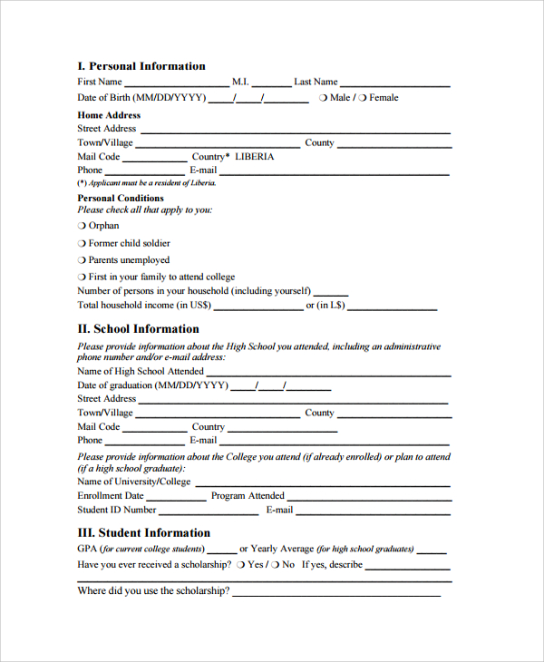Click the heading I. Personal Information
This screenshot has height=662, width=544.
click(141, 66)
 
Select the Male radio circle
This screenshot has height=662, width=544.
click(323, 98)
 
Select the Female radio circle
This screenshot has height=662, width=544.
click(363, 98)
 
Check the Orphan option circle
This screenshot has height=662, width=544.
click(82, 226)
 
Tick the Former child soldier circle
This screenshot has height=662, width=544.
click(82, 243)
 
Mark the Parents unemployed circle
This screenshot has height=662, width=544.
click(82, 260)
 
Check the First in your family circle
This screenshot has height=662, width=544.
click(82, 277)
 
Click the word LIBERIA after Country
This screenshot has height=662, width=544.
click(254, 157)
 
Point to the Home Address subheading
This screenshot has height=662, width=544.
click(109, 115)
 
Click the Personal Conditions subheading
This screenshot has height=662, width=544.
click(121, 198)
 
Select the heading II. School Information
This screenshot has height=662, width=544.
click(138, 329)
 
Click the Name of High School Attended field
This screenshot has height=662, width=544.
click(328, 373)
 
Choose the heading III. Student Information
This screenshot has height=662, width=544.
click(143, 533)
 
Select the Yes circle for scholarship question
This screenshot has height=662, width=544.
click(242, 565)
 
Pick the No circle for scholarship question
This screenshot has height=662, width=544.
click(276, 565)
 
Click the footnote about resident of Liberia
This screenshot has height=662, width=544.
click(147, 183)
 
